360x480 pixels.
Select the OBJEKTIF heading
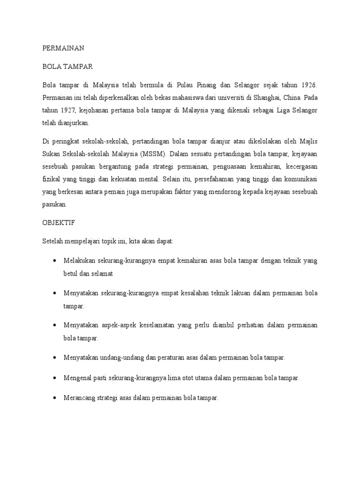click(59, 223)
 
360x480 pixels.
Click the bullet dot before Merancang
click(55, 397)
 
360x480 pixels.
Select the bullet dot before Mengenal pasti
click(55, 377)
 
